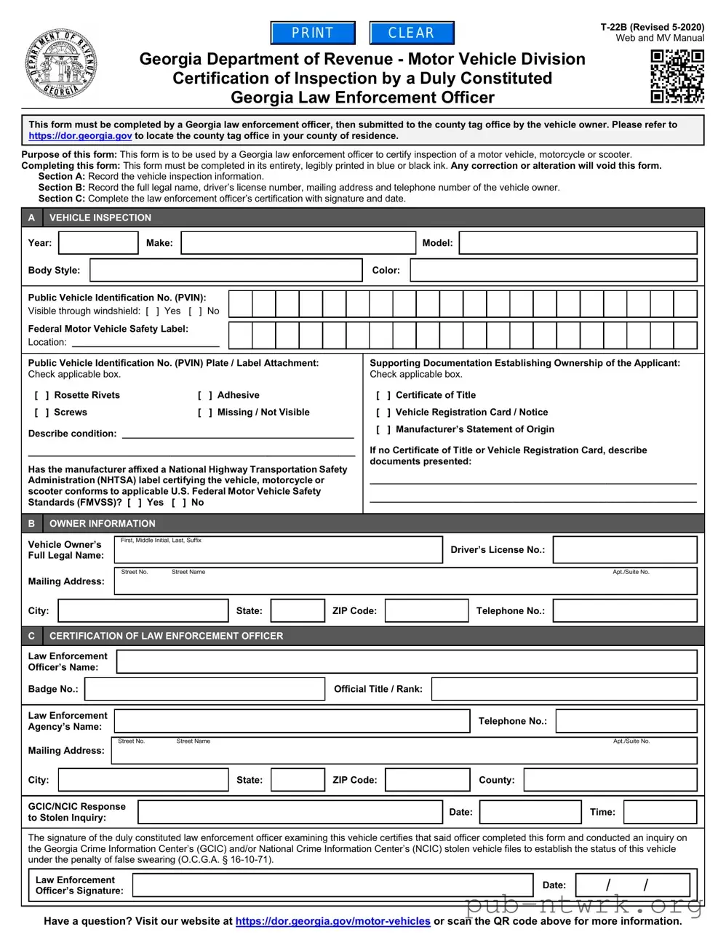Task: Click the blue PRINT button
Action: tap(313, 33)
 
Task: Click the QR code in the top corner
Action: tap(677, 76)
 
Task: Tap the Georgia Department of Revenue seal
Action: tap(60, 65)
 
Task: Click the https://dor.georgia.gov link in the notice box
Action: tap(80, 136)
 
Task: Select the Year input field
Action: tap(98, 243)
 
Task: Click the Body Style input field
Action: tap(226, 271)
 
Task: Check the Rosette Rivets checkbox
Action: tap(41, 396)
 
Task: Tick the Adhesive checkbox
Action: tap(204, 396)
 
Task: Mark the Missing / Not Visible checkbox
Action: tap(204, 413)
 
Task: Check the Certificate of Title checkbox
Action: tap(383, 396)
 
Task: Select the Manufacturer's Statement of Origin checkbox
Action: tap(383, 430)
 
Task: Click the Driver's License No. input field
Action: tap(625, 550)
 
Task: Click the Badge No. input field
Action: tap(205, 689)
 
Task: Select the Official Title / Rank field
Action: tap(565, 689)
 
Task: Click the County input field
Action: tap(610, 780)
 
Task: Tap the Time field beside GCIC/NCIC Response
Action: tap(660, 812)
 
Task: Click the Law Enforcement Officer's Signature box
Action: tap(333, 885)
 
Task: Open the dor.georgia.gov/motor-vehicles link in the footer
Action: tap(333, 921)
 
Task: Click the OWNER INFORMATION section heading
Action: tap(102, 524)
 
